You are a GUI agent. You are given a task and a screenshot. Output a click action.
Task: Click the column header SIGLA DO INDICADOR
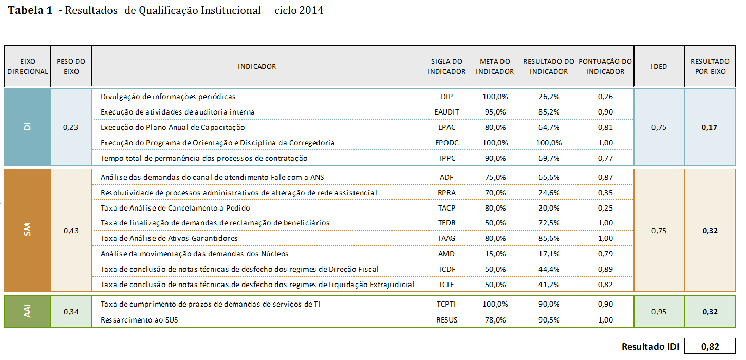[446, 66]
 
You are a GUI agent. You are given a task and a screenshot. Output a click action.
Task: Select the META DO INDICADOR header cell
[494, 66]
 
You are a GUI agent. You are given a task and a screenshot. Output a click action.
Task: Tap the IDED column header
[659, 66]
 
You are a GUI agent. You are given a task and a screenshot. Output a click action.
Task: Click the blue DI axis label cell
[28, 127]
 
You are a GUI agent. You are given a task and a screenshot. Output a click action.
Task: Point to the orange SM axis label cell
[28, 231]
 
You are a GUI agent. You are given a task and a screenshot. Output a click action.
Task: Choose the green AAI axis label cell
[28, 312]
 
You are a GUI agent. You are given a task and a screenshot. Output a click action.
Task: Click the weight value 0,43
[71, 231]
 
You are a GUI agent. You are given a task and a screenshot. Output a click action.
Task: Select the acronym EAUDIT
[446, 112]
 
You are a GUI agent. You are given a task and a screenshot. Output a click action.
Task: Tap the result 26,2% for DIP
[548, 97]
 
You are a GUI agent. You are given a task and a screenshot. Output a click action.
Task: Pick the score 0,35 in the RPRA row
[605, 193]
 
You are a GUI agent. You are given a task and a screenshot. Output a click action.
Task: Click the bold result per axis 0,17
[710, 127]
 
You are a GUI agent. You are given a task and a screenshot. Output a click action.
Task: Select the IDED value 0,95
[659, 312]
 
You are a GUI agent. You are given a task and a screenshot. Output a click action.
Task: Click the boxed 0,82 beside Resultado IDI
[710, 347]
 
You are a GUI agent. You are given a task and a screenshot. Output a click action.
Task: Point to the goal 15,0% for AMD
[494, 254]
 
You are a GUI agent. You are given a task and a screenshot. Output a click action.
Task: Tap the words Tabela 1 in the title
[30, 10]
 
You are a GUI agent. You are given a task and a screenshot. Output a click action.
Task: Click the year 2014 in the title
[312, 10]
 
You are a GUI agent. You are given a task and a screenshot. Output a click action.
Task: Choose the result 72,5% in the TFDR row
[548, 223]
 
